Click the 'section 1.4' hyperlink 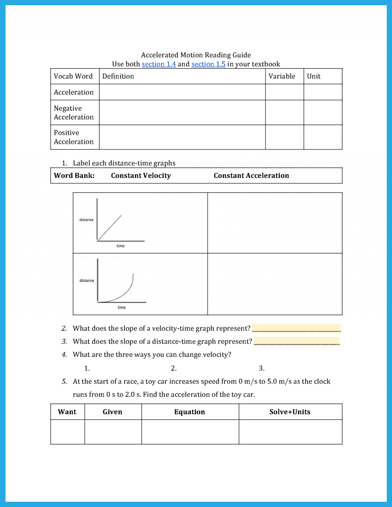coord(159,64)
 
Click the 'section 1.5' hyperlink coord(208,64)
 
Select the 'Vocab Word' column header coord(73,76)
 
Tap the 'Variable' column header coord(282,76)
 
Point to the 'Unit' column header coord(314,76)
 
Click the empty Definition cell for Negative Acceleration coord(182,113)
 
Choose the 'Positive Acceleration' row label coord(74,137)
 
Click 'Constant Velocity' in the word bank coord(141,176)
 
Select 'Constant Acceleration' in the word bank coord(251,176)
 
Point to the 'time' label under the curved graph coord(122,308)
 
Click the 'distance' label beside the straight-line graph coord(86,220)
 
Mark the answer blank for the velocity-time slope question coord(296,328)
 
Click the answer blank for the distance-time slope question coord(297,341)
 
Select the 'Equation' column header coord(190,412)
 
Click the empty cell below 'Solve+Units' coord(290,432)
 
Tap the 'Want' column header coord(67,412)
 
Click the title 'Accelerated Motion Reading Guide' coord(196,55)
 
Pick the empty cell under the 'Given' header coord(113,432)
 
